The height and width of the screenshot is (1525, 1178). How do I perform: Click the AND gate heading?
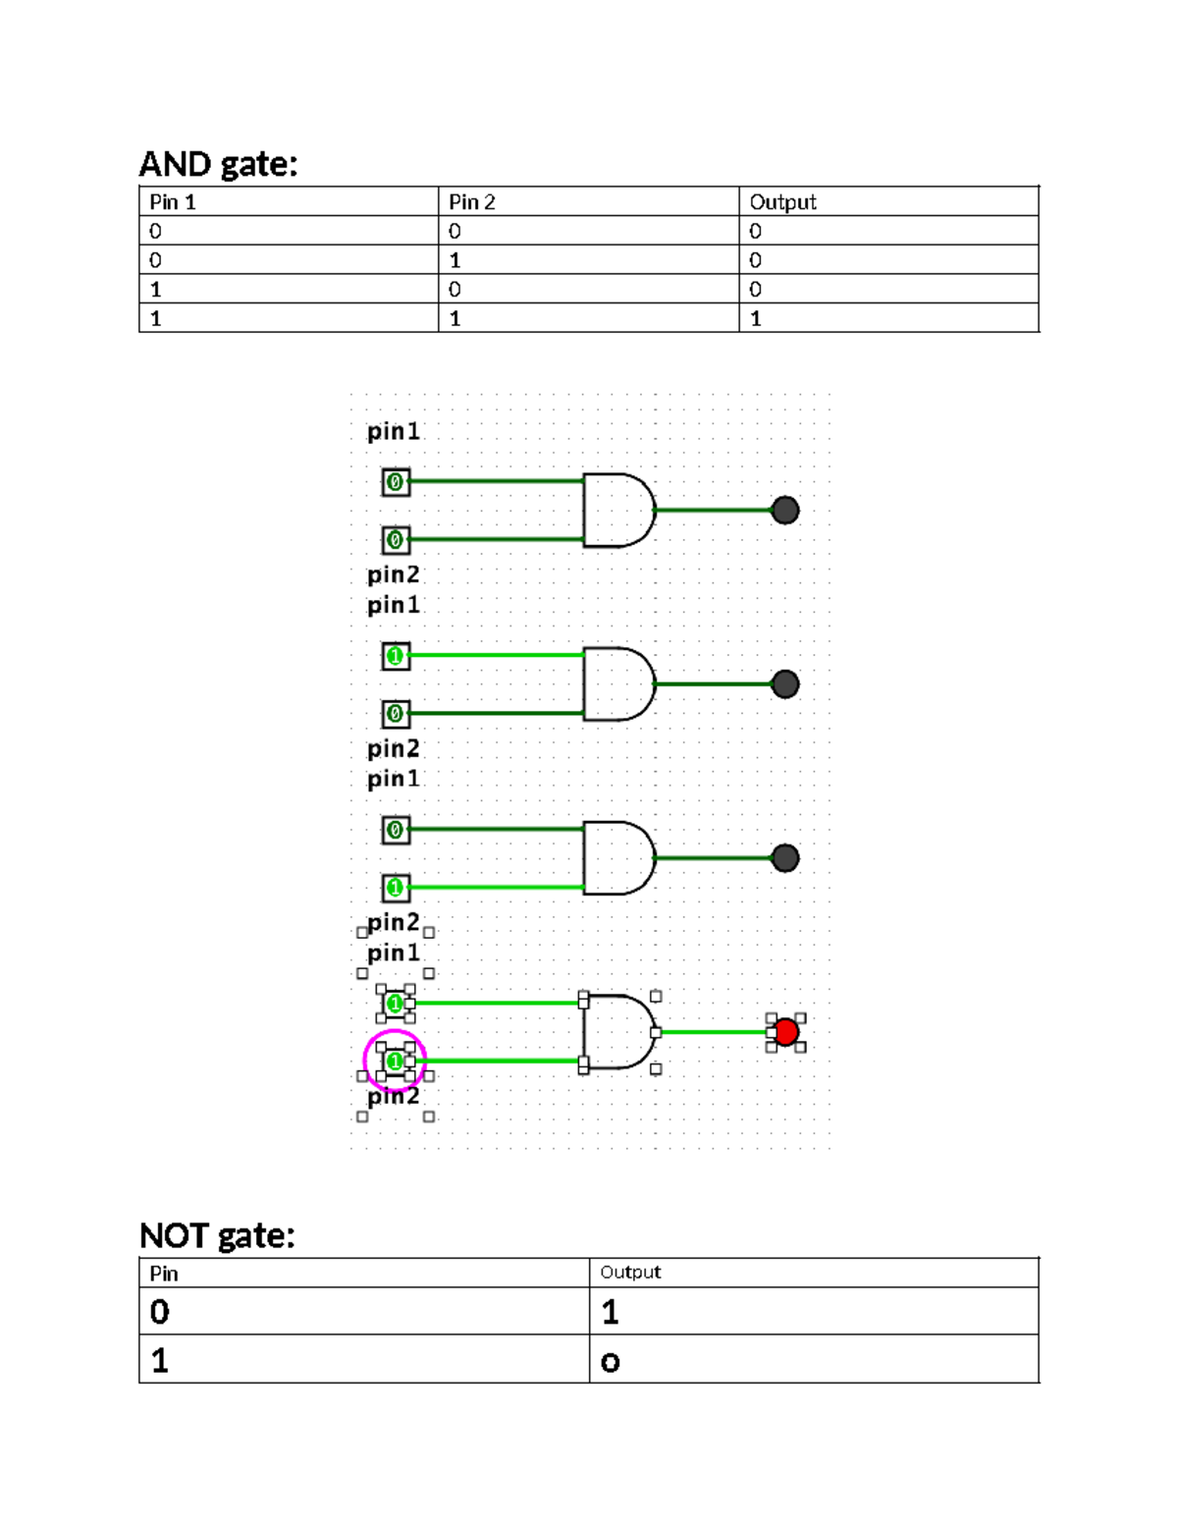218,164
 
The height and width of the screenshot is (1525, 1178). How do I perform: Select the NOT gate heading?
217,1235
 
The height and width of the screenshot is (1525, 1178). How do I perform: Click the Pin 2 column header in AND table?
472,202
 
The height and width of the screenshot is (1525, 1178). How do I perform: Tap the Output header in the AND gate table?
782,202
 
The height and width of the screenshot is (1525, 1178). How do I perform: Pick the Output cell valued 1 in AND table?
756,318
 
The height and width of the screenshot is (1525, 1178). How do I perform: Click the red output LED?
785,1032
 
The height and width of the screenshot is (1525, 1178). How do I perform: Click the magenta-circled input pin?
395,1061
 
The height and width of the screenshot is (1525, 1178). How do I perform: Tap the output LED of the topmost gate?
785,511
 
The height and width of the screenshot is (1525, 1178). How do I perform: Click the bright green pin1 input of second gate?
396,656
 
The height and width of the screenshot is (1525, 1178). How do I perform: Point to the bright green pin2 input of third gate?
396,888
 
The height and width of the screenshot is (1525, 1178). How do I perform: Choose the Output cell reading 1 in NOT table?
611,1312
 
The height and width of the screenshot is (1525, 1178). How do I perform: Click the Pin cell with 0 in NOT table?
160,1312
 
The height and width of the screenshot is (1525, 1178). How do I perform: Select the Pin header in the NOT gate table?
164,1274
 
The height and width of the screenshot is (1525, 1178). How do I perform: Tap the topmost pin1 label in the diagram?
393,432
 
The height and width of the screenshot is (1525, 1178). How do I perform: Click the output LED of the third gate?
785,858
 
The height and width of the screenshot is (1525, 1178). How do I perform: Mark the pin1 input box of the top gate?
396,482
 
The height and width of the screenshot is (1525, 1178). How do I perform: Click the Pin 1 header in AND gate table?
173,202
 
